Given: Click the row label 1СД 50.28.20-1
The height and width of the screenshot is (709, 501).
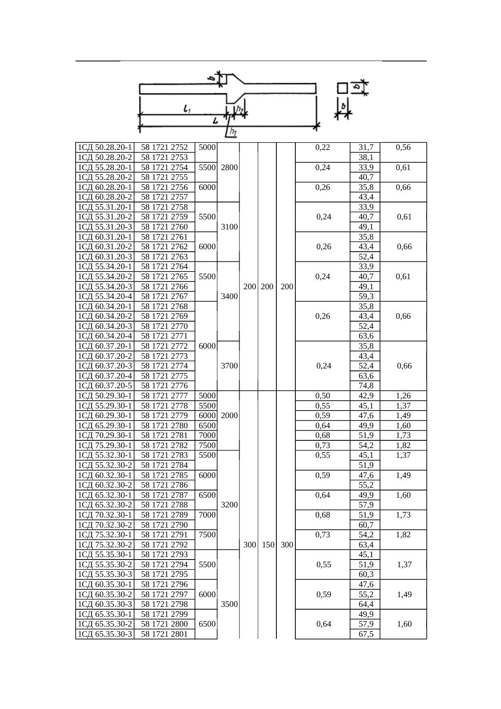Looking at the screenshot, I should tap(105, 147).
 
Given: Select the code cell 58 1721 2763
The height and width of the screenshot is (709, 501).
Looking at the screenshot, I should tap(164, 257).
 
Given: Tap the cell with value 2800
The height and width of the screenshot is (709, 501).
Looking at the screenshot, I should tap(229, 168).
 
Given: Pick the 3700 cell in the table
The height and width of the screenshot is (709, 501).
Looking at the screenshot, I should tap(229, 366).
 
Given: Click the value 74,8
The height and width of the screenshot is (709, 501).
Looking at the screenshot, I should tap(366, 386).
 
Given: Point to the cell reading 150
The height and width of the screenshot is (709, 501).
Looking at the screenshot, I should tap(268, 545).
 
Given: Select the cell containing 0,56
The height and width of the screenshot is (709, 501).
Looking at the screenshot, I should tap(403, 147).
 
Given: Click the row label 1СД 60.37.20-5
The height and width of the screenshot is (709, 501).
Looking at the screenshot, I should tap(105, 386).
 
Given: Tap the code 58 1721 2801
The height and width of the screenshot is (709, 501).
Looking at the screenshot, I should tap(164, 634).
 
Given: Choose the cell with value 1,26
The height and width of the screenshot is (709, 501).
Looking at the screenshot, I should tap(403, 396).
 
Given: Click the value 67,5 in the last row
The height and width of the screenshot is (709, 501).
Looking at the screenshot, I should tap(366, 634).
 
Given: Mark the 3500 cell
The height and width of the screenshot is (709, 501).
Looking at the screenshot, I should tap(229, 604).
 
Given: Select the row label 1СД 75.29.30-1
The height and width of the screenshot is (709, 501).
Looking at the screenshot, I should tap(105, 446).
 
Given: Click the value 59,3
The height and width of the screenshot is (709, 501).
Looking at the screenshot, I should tap(366, 297).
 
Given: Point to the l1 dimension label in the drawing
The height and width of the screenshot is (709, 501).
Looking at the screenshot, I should tap(187, 109).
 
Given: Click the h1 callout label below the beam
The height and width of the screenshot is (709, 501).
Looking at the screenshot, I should tap(232, 132).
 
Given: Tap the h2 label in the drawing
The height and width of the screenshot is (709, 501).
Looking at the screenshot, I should tap(240, 109).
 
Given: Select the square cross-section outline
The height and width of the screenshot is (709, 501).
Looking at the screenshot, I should tap(342, 88).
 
